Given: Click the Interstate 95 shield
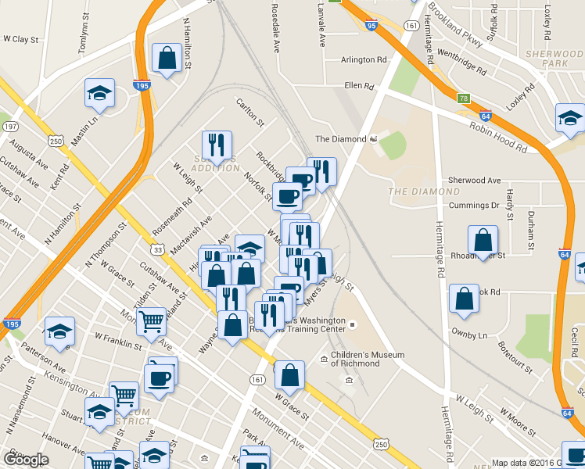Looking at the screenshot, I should [371, 26].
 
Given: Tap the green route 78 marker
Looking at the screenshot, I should [464, 98].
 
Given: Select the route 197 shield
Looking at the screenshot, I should [10, 126].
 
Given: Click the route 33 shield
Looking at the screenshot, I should [158, 250].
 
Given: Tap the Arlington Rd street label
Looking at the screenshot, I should [364, 59].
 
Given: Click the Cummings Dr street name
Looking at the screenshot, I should [474, 206].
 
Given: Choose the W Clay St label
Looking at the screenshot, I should [21, 38].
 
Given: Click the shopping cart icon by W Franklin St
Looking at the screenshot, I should [151, 320].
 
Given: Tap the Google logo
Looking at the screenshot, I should [27, 460].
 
